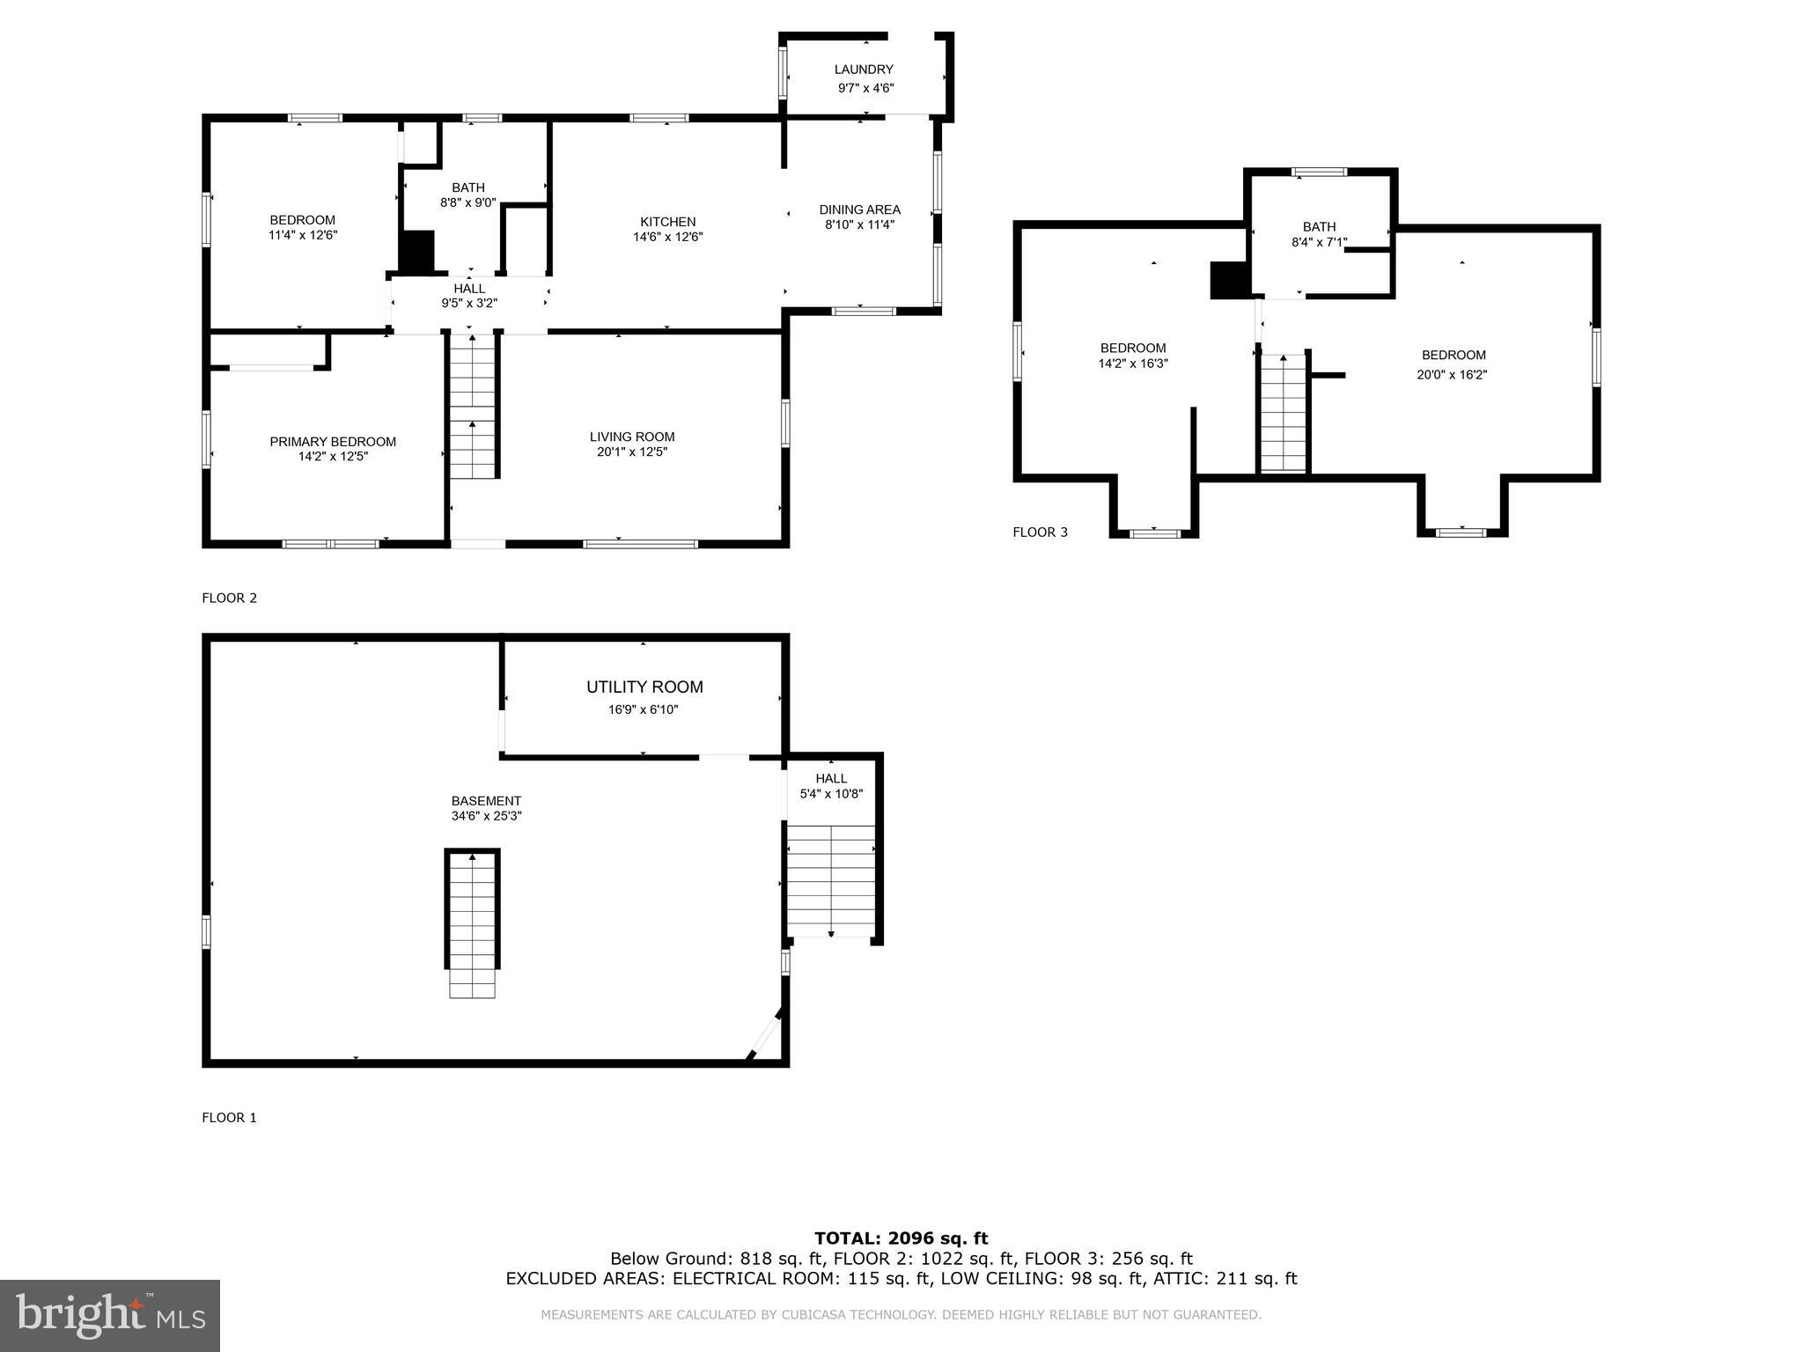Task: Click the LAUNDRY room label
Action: tap(863, 70)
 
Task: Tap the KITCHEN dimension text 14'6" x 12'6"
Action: tap(667, 237)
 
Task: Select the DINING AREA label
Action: tap(859, 209)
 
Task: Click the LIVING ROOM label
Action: tap(631, 437)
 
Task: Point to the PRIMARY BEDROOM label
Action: tap(332, 442)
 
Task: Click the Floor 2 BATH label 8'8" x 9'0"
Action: tap(467, 195)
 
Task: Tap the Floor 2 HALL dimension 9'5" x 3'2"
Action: tap(469, 304)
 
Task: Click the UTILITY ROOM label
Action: tap(644, 687)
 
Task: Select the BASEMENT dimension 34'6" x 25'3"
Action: tap(486, 816)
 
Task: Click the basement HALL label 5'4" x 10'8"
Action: tap(830, 785)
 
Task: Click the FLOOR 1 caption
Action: tap(229, 1118)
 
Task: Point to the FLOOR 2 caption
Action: tap(229, 599)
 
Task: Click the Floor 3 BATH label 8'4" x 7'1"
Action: tap(1318, 234)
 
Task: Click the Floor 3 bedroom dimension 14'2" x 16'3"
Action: tap(1132, 364)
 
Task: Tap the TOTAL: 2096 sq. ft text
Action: tap(901, 1238)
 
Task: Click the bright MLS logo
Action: tap(109, 1315)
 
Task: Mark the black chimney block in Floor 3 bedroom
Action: tap(1229, 281)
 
